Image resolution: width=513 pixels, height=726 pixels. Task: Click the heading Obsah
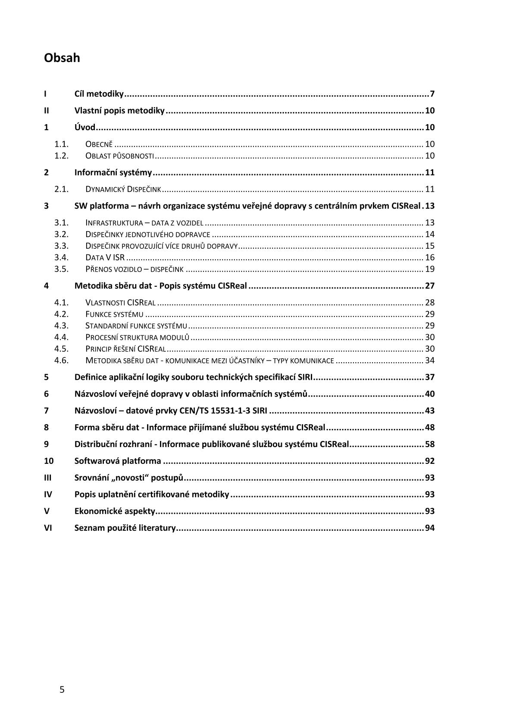62,58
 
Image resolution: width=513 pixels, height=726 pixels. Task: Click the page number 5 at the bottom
62,690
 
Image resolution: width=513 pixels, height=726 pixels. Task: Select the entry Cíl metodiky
99,94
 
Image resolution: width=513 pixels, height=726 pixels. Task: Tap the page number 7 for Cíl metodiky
432,94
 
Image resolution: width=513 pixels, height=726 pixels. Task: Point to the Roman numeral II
47,111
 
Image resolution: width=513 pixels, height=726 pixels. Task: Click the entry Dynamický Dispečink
123,189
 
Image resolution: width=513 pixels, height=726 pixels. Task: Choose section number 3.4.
62,258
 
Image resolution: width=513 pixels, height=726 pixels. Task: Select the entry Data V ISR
105,258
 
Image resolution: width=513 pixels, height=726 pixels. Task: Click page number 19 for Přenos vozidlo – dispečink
430,269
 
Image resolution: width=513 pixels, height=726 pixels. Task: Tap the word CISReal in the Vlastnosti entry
141,303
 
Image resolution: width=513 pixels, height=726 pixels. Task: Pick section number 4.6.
62,361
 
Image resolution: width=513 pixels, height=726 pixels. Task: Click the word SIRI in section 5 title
305,377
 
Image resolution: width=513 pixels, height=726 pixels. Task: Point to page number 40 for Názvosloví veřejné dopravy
430,394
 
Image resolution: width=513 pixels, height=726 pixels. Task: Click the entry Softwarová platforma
118,461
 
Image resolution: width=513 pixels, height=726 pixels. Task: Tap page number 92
430,461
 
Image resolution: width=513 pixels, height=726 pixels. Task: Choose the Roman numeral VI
48,528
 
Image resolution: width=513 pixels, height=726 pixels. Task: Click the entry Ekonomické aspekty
115,511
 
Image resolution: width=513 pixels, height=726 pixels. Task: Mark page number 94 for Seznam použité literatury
430,528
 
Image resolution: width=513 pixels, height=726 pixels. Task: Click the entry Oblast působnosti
119,156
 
